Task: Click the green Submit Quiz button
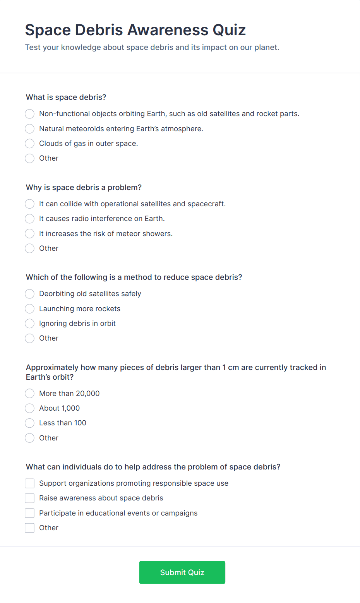[182, 572]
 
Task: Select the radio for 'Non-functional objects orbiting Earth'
[30, 114]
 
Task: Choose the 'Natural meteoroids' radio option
[30, 128]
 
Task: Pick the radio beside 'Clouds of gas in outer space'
[30, 144]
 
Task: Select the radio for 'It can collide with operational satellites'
[30, 204]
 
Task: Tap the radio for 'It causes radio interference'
[30, 219]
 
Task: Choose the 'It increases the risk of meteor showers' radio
[30, 234]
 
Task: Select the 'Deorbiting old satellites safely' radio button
[30, 294]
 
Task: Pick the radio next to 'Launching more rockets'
[30, 309]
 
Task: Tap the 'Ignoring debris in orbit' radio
[30, 324]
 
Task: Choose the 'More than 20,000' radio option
[30, 394]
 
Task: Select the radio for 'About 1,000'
[30, 408]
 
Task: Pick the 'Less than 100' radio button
[30, 423]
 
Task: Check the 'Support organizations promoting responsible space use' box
[30, 483]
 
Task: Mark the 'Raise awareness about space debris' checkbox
[30, 498]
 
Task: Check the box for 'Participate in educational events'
[30, 513]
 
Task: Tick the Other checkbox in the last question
[30, 528]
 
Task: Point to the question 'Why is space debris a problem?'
[84, 188]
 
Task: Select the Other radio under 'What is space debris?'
[30, 158]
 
